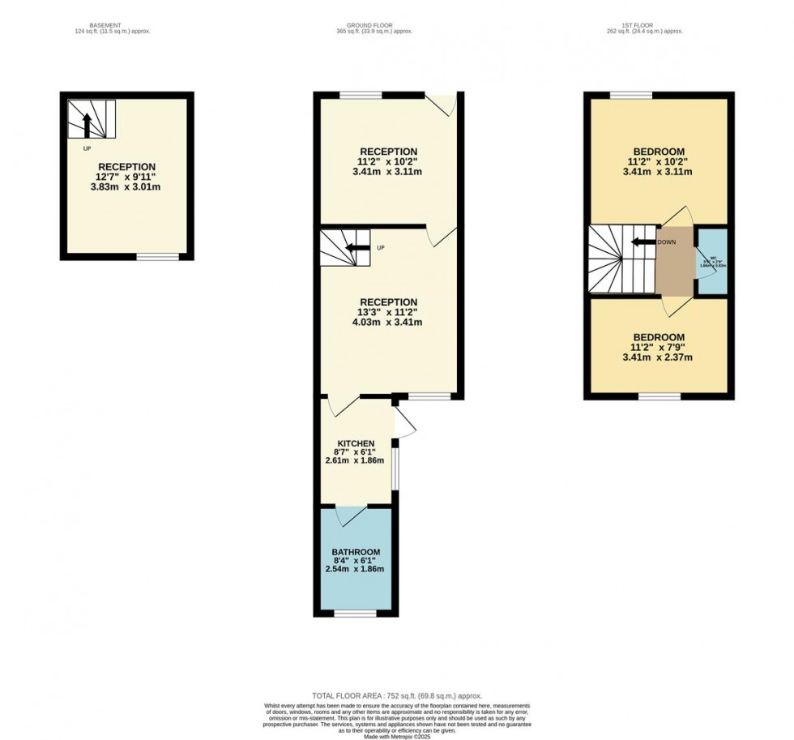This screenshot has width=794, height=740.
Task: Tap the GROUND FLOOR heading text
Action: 374,26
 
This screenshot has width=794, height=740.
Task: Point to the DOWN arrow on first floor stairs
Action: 645,242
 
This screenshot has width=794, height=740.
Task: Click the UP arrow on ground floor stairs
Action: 358,247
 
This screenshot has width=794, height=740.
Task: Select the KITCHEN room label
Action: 356,443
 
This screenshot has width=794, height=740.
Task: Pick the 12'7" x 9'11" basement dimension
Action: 127,177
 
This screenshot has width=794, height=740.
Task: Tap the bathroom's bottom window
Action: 355,614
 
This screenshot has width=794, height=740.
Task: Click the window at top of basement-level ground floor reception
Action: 361,96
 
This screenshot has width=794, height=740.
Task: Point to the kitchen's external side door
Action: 403,421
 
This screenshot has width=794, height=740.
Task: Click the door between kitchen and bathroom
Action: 352,514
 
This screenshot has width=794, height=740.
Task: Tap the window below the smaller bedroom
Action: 660,396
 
